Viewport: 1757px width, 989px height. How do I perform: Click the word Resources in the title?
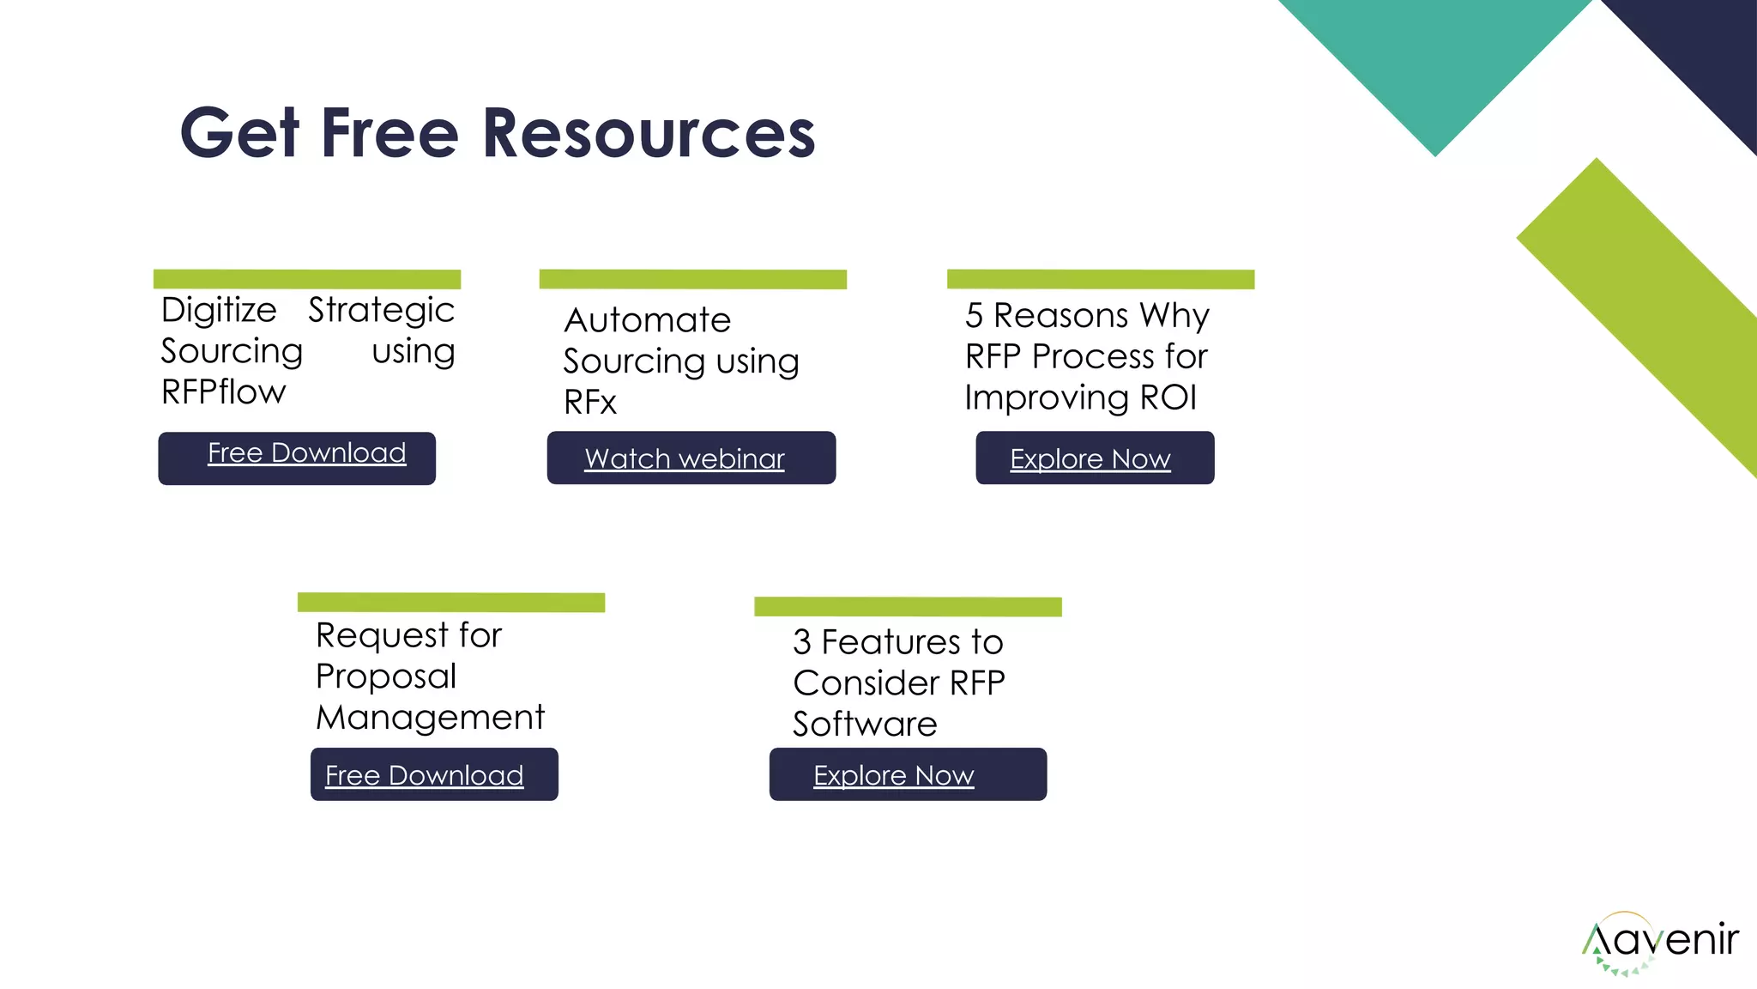tap(649, 134)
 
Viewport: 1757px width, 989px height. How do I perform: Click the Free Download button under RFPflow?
tap(297, 458)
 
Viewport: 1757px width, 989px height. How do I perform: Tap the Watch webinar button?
tap(691, 458)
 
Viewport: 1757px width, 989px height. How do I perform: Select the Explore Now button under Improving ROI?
tap(1094, 458)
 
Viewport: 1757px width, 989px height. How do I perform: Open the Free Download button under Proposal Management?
tap(433, 774)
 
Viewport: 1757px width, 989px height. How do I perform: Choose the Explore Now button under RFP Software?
tap(907, 774)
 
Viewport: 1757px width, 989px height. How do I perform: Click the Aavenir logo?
tap(1659, 942)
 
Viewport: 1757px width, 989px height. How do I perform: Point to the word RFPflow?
tap(223, 392)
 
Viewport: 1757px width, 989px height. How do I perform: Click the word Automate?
tap(647, 320)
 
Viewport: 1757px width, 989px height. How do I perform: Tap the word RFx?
tap(589, 403)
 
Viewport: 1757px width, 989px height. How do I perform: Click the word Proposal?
tap(385, 677)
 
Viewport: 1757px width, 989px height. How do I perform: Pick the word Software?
tap(864, 725)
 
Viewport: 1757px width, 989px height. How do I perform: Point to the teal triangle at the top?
tap(1435, 60)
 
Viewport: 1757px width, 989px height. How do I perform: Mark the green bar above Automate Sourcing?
tap(692, 279)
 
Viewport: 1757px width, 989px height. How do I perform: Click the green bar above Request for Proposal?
tap(450, 602)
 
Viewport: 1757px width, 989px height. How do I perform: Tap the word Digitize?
tap(219, 310)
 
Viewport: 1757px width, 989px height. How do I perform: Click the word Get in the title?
tap(239, 134)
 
